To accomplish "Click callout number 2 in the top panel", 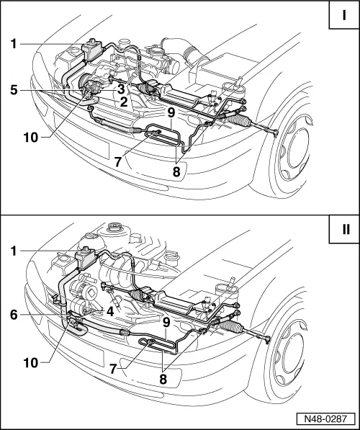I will pos(125,102).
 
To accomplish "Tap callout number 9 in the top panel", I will pos(171,113).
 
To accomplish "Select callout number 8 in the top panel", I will pos(176,172).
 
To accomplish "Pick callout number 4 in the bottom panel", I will pos(110,313).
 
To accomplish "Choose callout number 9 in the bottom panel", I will pos(166,323).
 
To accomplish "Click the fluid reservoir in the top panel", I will pos(93,49).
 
